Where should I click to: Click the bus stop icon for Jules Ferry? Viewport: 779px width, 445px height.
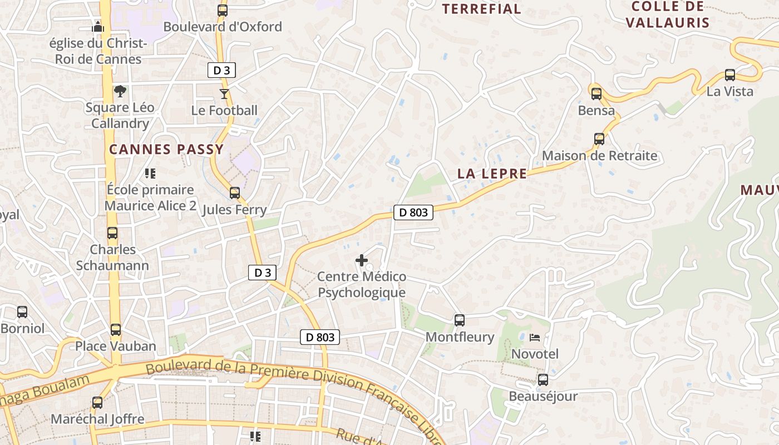(x=235, y=193)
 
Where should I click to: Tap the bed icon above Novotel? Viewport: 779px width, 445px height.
(x=535, y=337)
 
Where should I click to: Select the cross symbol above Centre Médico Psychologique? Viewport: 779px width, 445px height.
(x=362, y=260)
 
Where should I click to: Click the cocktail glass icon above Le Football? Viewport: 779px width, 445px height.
(x=224, y=93)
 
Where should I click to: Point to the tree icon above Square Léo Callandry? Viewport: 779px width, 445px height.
(x=119, y=91)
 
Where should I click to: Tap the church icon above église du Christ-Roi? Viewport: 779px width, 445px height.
(x=98, y=26)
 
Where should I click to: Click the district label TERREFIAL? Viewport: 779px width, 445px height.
(x=481, y=9)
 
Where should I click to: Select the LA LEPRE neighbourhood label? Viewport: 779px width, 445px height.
(x=492, y=174)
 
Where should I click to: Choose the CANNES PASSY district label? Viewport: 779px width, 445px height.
(x=166, y=149)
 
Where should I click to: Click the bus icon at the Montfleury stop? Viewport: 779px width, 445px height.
(x=460, y=320)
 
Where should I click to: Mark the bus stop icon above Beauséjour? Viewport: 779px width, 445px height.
(x=543, y=380)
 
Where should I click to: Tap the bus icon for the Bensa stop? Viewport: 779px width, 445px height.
(x=596, y=93)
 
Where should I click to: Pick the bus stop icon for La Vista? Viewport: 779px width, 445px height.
(x=729, y=75)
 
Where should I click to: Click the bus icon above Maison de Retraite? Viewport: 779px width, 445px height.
(x=599, y=139)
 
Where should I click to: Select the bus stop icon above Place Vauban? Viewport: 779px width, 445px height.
(x=116, y=329)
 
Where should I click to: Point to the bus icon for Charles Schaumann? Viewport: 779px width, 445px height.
(x=112, y=233)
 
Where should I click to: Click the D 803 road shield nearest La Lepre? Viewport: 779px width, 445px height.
(x=413, y=212)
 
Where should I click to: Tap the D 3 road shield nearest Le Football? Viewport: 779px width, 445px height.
(x=221, y=70)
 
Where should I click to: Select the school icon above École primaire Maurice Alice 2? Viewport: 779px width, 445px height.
(x=150, y=174)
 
